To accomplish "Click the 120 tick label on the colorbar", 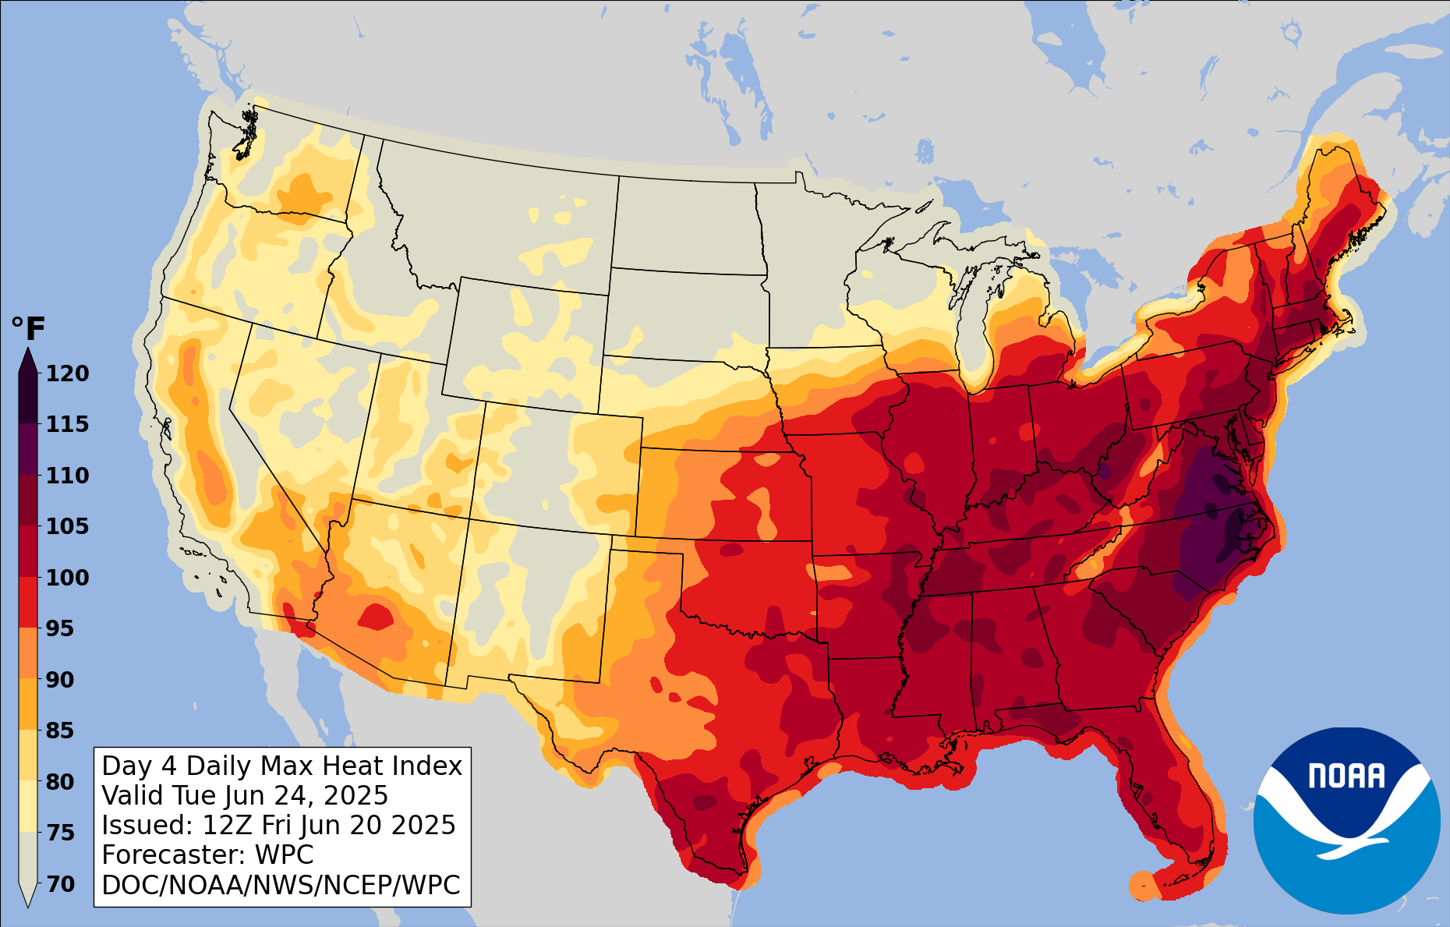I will pyautogui.click(x=67, y=373).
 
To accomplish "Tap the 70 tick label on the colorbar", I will pyautogui.click(x=61, y=884).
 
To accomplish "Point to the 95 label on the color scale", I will pyautogui.click(x=61, y=628).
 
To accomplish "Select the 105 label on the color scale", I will pyautogui.click(x=67, y=526).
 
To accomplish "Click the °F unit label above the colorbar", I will pyautogui.click(x=29, y=329).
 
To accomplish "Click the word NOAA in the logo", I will pyautogui.click(x=1346, y=777).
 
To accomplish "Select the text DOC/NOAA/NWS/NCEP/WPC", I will pyautogui.click(x=281, y=885).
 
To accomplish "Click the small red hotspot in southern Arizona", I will pyautogui.click(x=376, y=617).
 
